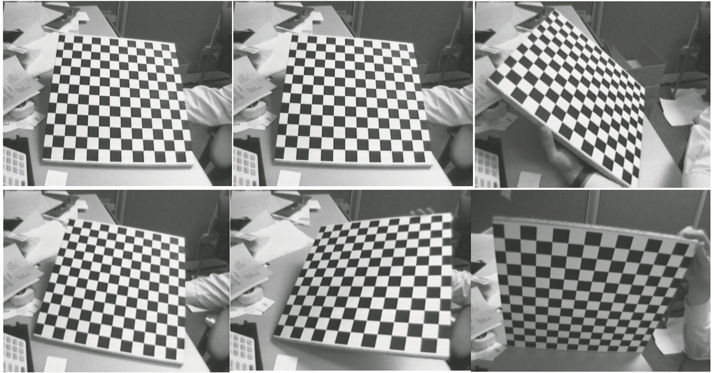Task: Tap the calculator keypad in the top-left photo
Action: (x=14, y=167)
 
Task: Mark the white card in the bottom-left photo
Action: (x=55, y=364)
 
